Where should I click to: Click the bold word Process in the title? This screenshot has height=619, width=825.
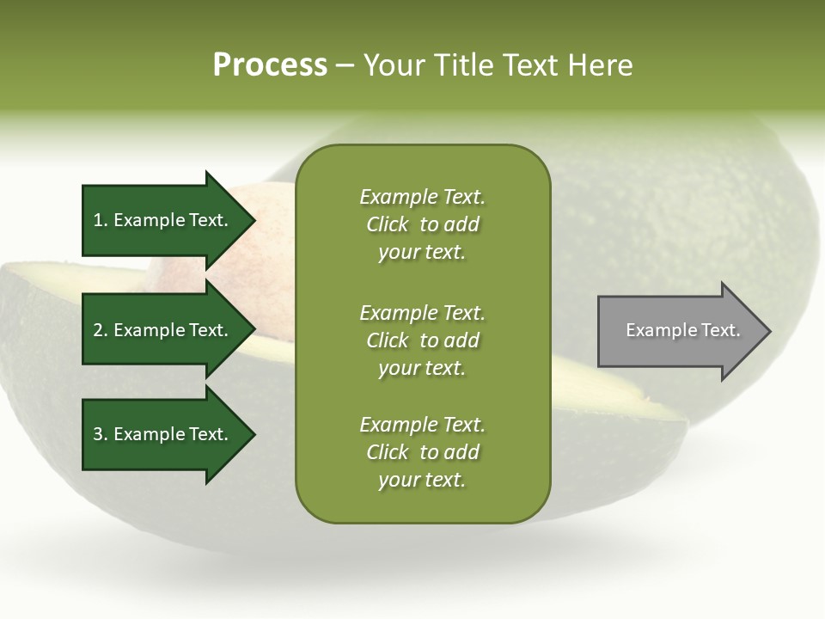coord(270,65)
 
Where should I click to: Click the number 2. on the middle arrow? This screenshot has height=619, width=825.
coord(101,330)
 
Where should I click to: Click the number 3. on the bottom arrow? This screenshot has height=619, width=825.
coord(101,434)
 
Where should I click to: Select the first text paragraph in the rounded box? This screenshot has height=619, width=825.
coord(422,224)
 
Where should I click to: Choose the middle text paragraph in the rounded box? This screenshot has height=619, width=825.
coord(422,340)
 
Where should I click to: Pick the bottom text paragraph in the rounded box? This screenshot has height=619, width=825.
coord(422,452)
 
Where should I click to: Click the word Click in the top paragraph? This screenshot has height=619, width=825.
coord(388,224)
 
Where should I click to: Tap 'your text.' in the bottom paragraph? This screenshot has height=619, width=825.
coord(422,480)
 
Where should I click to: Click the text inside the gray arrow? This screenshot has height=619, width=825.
coord(682,330)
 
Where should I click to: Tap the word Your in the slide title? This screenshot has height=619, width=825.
coord(396,65)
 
